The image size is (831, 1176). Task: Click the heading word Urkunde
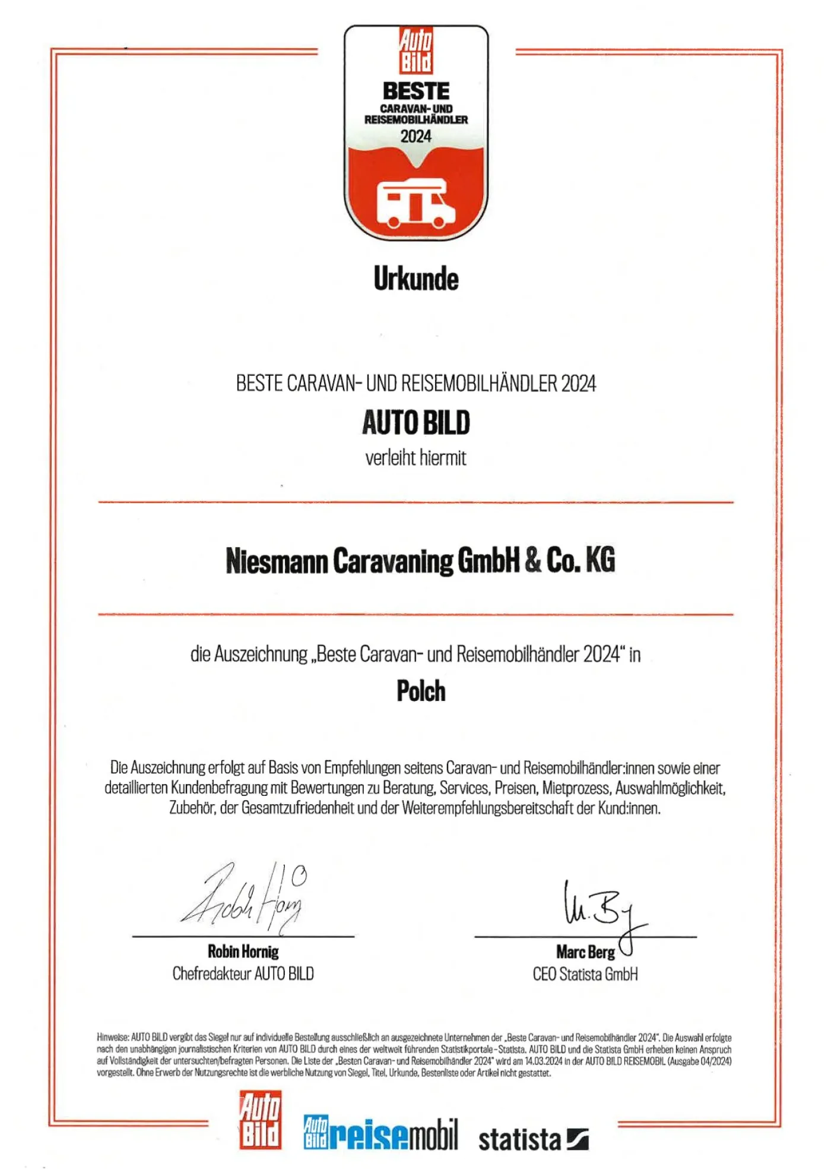click(416, 279)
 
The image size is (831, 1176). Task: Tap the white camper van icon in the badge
click(415, 204)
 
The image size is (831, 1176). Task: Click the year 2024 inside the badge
click(415, 137)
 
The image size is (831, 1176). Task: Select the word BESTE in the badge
click(416, 91)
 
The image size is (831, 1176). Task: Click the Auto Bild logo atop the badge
click(416, 50)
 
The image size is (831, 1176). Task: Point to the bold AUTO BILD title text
click(416, 423)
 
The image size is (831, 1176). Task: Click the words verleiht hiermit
click(415, 458)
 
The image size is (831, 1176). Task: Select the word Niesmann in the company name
click(277, 561)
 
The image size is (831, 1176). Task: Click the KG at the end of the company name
click(600, 560)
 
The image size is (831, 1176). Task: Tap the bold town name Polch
click(421, 691)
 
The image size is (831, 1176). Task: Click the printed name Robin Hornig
click(243, 951)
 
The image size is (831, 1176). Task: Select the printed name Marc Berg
click(585, 952)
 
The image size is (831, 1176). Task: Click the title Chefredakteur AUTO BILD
click(243, 974)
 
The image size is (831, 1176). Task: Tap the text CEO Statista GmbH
click(585, 975)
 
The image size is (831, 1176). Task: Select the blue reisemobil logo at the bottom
click(380, 1133)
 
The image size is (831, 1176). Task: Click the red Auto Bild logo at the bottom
click(260, 1120)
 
